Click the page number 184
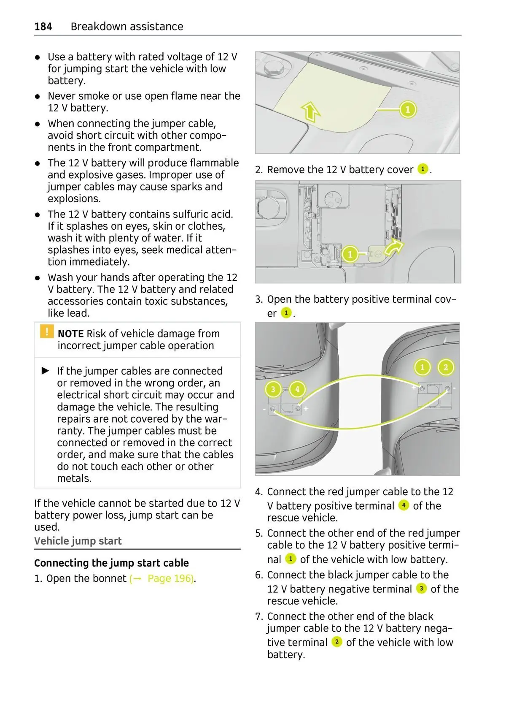point(43,27)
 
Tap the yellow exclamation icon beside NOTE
point(46,331)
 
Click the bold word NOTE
point(70,334)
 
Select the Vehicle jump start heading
point(78,541)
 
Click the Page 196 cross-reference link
point(162,578)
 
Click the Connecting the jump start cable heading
point(111,563)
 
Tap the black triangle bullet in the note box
point(46,371)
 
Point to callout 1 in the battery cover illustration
point(408,110)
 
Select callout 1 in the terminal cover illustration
point(350,254)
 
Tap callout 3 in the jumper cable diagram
point(273,389)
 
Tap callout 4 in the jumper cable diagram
point(297,389)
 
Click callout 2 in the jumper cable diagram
point(446,367)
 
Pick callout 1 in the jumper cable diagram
point(423,367)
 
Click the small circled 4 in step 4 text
point(404,505)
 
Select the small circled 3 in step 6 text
point(421,588)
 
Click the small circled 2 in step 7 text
point(336,642)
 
